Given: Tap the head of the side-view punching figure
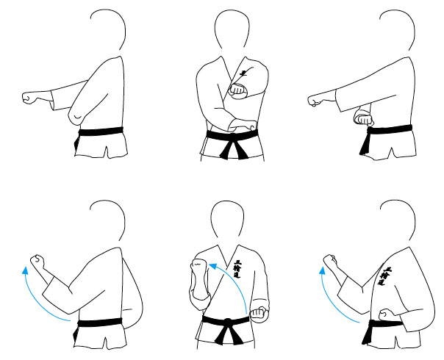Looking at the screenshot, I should click(110, 33).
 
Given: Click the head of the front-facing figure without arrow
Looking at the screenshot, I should click(233, 32).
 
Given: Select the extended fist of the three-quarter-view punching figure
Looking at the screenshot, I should click(315, 99).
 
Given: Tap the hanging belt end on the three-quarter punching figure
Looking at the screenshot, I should click(365, 145).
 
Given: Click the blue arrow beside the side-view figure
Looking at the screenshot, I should click(40, 294).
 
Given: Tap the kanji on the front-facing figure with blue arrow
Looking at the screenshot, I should click(236, 272).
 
